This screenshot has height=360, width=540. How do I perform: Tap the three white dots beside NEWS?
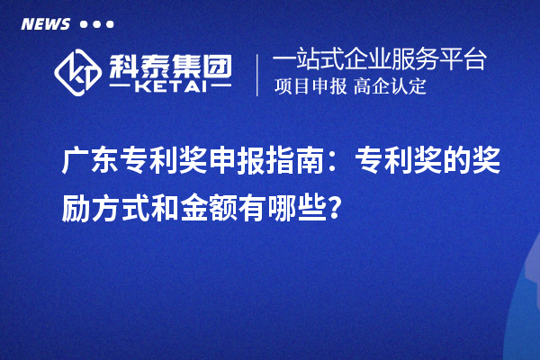tap(97, 24)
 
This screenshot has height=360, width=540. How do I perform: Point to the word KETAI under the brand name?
tap(171, 88)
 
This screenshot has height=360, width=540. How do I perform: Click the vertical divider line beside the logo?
tap(258, 74)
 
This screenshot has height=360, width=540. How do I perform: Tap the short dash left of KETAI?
tap(121, 88)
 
